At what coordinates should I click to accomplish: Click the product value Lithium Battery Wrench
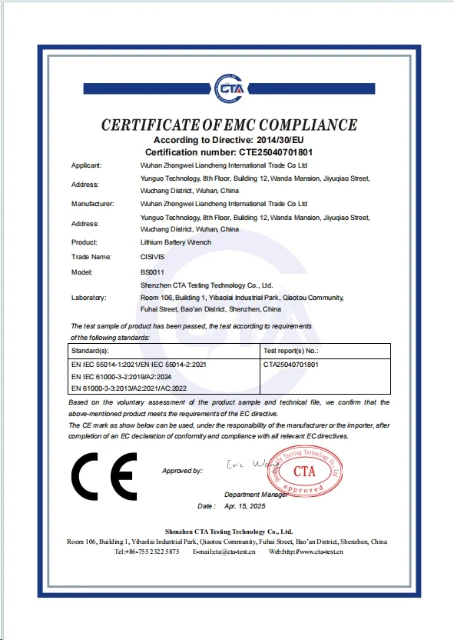coord(176,242)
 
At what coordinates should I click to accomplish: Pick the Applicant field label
coord(86,165)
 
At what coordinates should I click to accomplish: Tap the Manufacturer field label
coord(92,204)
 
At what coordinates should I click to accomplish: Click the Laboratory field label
coord(88,297)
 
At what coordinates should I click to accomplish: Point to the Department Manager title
coord(257,494)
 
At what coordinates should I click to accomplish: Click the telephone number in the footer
coord(147,552)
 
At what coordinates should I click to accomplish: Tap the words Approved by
coord(182,470)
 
